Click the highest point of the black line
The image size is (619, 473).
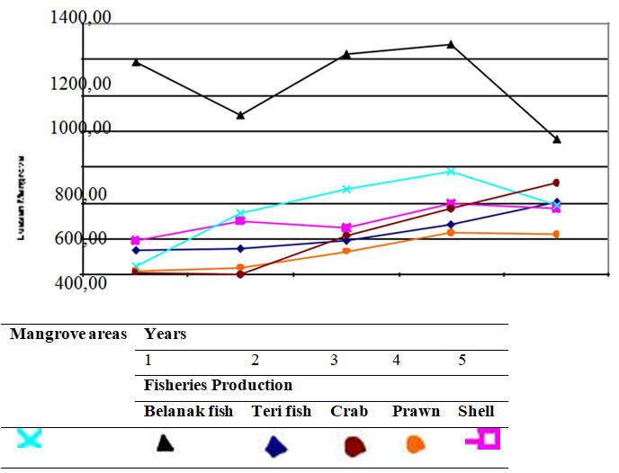pyautogui.click(x=451, y=44)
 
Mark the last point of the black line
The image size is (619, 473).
pyautogui.click(x=557, y=139)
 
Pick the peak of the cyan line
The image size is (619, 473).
pyautogui.click(x=451, y=171)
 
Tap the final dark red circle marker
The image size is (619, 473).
pyautogui.click(x=557, y=183)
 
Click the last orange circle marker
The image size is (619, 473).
pyautogui.click(x=557, y=235)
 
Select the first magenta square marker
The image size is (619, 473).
pyautogui.click(x=136, y=240)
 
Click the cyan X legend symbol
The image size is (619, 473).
pyautogui.click(x=29, y=438)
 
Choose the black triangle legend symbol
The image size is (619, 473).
pyautogui.click(x=165, y=442)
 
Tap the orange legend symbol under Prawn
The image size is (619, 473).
pyautogui.click(x=415, y=442)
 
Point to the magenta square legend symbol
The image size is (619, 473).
pyautogui.click(x=484, y=439)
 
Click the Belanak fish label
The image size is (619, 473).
pyautogui.click(x=188, y=411)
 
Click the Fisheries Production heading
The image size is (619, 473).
pyautogui.click(x=218, y=385)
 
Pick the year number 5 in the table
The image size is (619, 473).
pyautogui.click(x=462, y=360)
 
